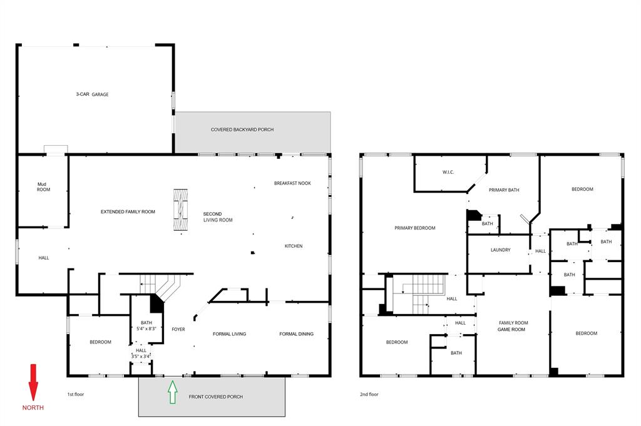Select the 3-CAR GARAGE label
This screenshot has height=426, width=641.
click(93, 94)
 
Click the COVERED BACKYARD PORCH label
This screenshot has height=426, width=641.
click(242, 129)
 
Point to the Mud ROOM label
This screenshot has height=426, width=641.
click(43, 186)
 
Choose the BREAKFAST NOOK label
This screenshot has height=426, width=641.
click(292, 183)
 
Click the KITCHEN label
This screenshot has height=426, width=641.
click(293, 246)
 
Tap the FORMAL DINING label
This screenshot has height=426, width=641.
click(296, 334)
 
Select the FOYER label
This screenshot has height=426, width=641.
click(178, 329)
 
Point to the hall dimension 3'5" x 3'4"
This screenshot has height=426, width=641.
click(141, 356)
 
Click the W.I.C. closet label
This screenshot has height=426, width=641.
click(448, 172)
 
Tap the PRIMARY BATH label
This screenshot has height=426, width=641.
click(504, 190)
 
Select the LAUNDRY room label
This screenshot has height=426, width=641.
click(500, 250)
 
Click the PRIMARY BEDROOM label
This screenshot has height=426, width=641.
click(414, 228)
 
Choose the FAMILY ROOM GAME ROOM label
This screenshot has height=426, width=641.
click(512, 326)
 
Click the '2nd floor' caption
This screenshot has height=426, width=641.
click(369, 395)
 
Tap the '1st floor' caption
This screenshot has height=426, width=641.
click(76, 395)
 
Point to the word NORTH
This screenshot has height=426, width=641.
click(33, 408)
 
